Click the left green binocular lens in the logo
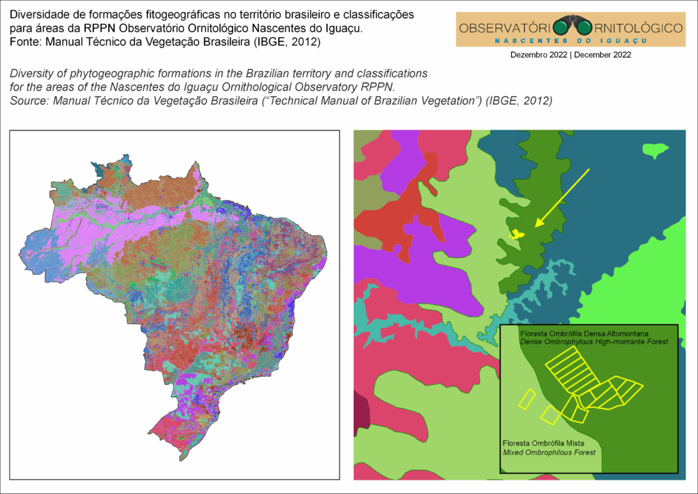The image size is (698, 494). tap(560, 27)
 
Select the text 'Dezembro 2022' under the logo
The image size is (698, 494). tap(539, 55)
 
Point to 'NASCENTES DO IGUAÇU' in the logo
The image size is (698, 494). tap(570, 41)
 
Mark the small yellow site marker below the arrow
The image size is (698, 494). tap(518, 234)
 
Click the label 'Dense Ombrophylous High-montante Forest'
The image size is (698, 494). tap(593, 341)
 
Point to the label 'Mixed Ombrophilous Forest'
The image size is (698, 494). tap(549, 452)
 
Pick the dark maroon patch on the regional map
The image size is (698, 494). tap(361, 409)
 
